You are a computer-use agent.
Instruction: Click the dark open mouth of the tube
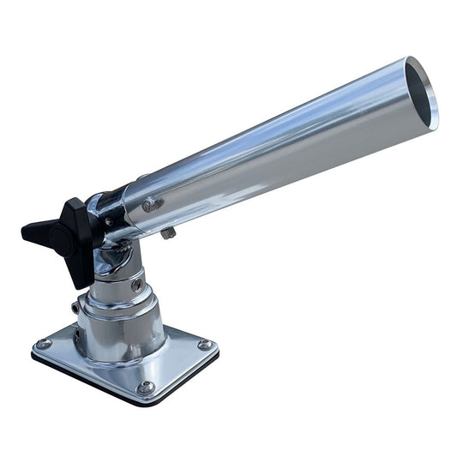point(421,93)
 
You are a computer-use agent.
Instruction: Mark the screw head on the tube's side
point(153,204)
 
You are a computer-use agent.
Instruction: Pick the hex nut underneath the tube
point(168,232)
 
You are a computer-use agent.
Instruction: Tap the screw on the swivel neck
point(137,284)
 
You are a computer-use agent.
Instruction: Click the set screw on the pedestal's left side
point(75,306)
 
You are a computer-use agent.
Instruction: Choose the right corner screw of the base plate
point(204,345)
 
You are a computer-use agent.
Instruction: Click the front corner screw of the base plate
point(146,388)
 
